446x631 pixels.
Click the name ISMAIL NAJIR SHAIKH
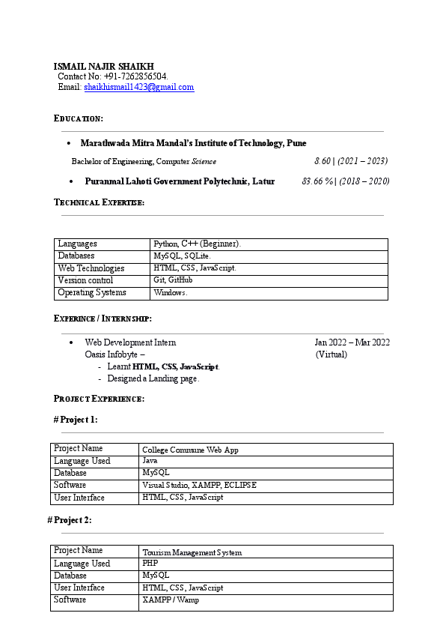point(103,66)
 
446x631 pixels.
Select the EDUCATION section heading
point(79,118)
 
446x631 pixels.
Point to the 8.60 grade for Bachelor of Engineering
point(323,161)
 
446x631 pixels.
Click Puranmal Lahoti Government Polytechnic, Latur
point(180,181)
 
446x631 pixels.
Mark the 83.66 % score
point(317,181)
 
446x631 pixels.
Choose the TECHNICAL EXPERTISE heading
point(100,202)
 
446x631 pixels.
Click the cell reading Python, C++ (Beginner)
point(197,244)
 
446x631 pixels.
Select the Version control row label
point(85,280)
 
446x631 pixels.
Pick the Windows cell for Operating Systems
point(171,293)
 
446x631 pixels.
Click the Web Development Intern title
point(130,342)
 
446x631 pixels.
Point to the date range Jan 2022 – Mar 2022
point(352,342)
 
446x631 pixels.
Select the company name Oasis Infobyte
point(111,354)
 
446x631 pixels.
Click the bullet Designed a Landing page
point(153,378)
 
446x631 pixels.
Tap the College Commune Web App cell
point(190,450)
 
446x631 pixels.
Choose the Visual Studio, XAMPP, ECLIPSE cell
point(199,486)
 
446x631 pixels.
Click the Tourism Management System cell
point(192,552)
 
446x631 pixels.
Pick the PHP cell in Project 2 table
point(150,564)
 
